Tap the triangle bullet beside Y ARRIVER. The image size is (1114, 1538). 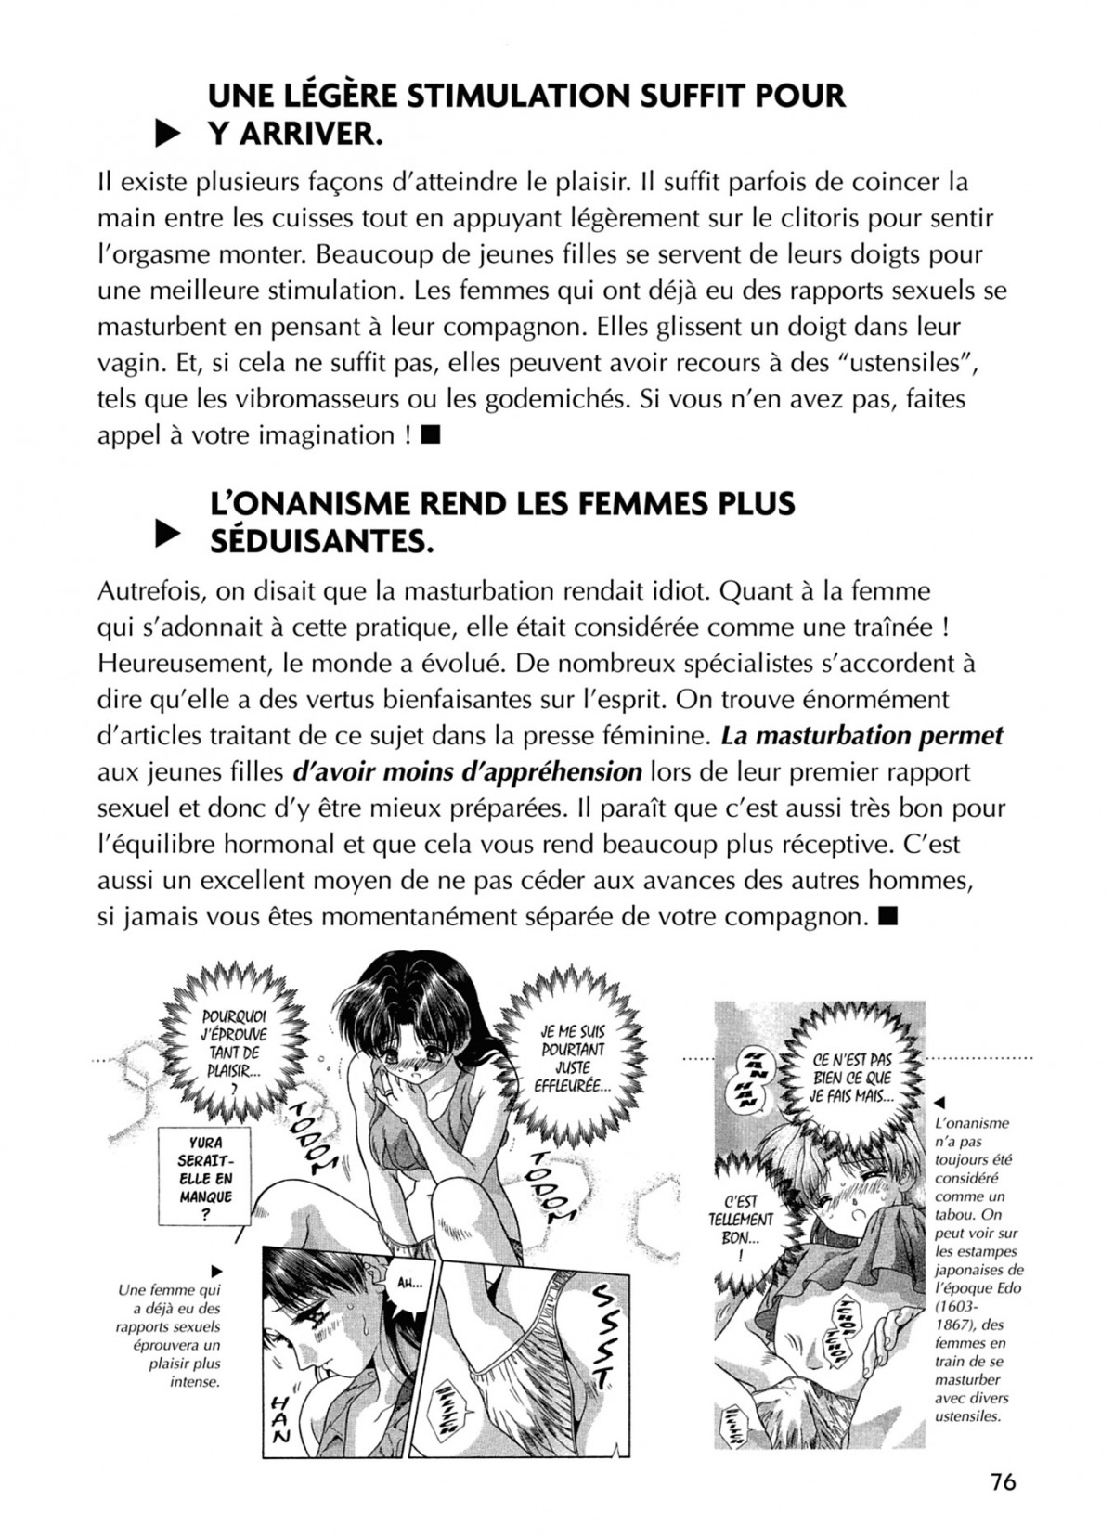165,136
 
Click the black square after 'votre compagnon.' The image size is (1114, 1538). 887,916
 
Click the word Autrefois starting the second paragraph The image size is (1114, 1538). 156,590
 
